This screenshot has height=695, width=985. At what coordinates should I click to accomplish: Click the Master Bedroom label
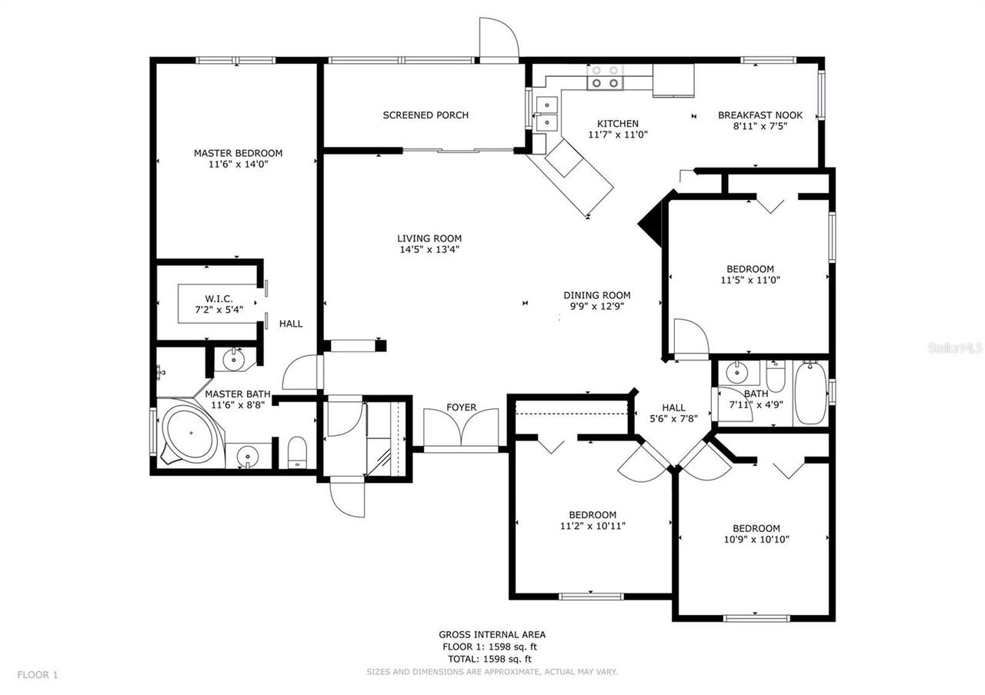238,153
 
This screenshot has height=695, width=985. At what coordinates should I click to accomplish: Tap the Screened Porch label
426,115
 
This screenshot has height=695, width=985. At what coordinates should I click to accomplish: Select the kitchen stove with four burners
605,78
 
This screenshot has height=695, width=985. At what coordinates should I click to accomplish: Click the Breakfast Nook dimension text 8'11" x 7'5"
760,126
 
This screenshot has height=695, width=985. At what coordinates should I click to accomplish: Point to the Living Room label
429,238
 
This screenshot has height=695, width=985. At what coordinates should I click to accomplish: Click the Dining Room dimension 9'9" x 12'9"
596,306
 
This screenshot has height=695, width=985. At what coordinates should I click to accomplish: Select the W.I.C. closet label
219,298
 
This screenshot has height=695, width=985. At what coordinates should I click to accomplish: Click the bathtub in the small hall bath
810,393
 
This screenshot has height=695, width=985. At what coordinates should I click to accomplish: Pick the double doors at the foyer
462,428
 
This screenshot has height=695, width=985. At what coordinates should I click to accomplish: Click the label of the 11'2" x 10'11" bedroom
593,515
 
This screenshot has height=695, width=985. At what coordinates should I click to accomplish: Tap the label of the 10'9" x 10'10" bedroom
756,528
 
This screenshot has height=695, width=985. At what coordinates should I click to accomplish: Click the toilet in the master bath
297,452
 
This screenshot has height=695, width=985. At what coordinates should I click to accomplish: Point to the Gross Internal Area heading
492,634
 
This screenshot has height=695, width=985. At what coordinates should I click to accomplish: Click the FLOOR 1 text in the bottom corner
38,675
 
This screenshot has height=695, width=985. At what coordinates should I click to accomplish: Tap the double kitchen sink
546,113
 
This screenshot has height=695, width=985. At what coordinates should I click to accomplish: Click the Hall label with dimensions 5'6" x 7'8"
673,408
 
